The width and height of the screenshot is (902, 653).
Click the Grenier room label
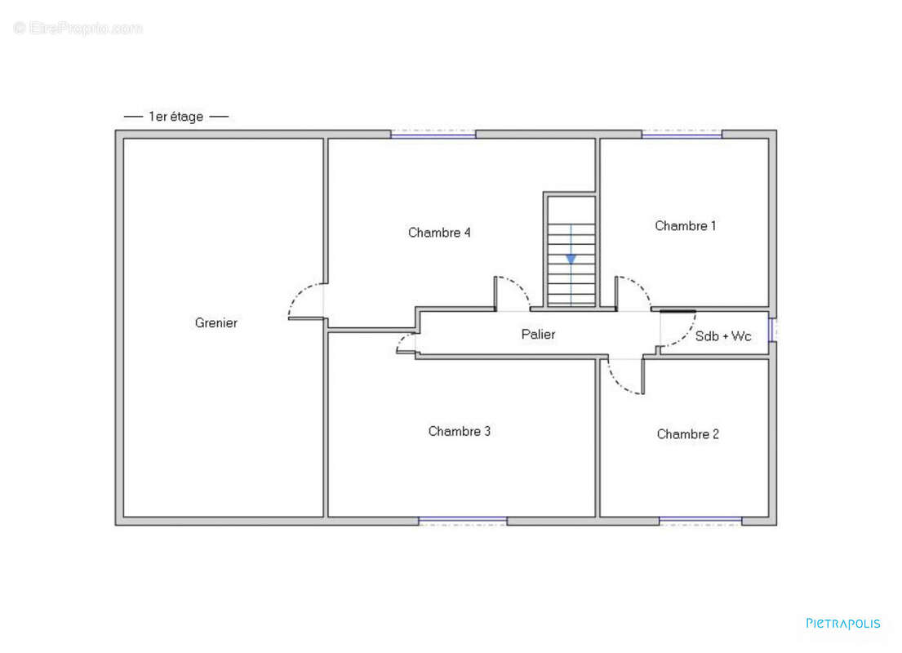(216, 322)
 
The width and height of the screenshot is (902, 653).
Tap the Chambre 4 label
(439, 233)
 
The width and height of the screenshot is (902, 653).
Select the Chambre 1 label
(685, 225)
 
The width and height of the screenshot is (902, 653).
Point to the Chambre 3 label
(459, 431)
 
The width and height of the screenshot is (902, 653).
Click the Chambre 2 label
(687, 433)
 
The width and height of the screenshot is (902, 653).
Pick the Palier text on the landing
(538, 335)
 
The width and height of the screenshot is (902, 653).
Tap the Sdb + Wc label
(723, 336)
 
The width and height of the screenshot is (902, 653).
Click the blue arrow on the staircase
(571, 259)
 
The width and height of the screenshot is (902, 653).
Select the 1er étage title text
(176, 116)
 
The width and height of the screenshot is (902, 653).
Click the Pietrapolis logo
(842, 624)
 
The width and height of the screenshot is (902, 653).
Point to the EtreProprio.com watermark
(78, 28)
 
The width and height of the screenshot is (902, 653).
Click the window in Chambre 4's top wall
(433, 134)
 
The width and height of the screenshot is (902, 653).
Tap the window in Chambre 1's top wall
(682, 134)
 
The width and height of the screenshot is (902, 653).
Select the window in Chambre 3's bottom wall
(463, 522)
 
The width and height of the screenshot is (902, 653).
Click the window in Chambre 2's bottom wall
(700, 522)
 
